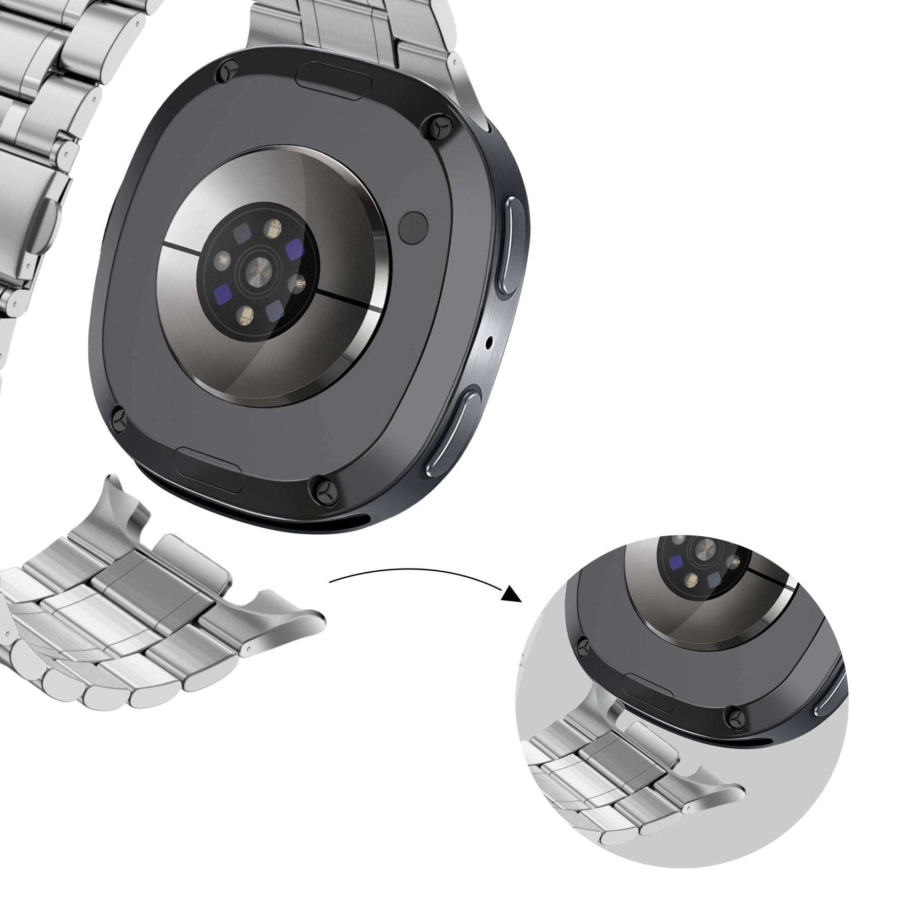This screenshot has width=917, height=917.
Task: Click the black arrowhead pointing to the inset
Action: pos(512,593)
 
